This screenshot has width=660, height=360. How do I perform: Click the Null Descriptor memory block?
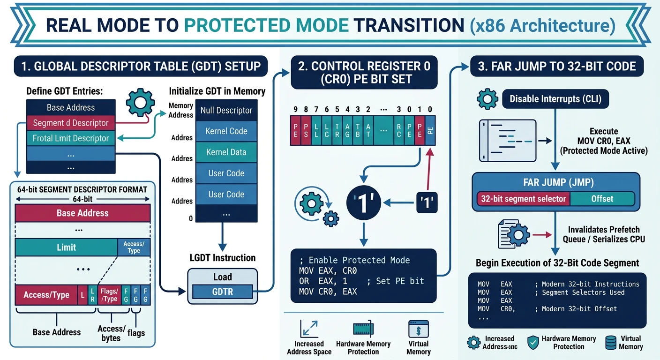226,111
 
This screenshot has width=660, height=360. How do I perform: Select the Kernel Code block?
226,131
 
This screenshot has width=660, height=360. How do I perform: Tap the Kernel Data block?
226,152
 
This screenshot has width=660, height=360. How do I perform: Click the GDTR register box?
223,292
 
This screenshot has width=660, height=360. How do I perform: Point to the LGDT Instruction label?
222,258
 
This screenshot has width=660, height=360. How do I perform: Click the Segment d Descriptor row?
70,123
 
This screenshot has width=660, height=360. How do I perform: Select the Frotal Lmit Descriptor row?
70,138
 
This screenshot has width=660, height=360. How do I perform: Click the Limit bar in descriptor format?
66,247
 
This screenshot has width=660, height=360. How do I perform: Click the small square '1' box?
427,202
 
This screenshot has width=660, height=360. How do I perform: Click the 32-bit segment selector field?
523,199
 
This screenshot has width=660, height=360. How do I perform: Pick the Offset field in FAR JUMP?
602,199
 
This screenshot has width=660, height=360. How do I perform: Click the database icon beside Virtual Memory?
611,342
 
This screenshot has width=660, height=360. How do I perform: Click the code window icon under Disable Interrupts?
507,140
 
